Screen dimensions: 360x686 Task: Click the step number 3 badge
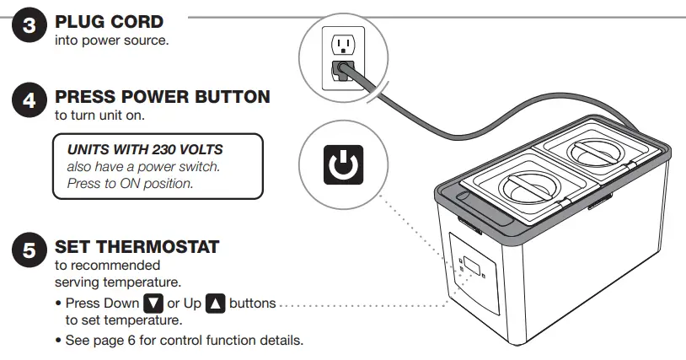click(x=28, y=26)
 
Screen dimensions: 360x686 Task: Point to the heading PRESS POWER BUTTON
click(x=162, y=97)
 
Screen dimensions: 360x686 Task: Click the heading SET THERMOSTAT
click(x=137, y=247)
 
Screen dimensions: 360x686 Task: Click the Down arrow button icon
click(x=153, y=303)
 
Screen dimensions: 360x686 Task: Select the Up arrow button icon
click(x=215, y=303)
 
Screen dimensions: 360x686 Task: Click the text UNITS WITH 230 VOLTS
click(x=144, y=149)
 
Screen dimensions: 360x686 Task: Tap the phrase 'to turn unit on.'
click(x=99, y=115)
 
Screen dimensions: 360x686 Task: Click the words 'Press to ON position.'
click(x=130, y=183)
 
